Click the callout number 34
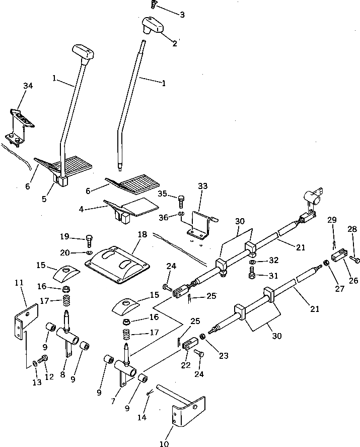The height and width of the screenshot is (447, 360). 28,86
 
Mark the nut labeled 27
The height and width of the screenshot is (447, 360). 326,263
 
